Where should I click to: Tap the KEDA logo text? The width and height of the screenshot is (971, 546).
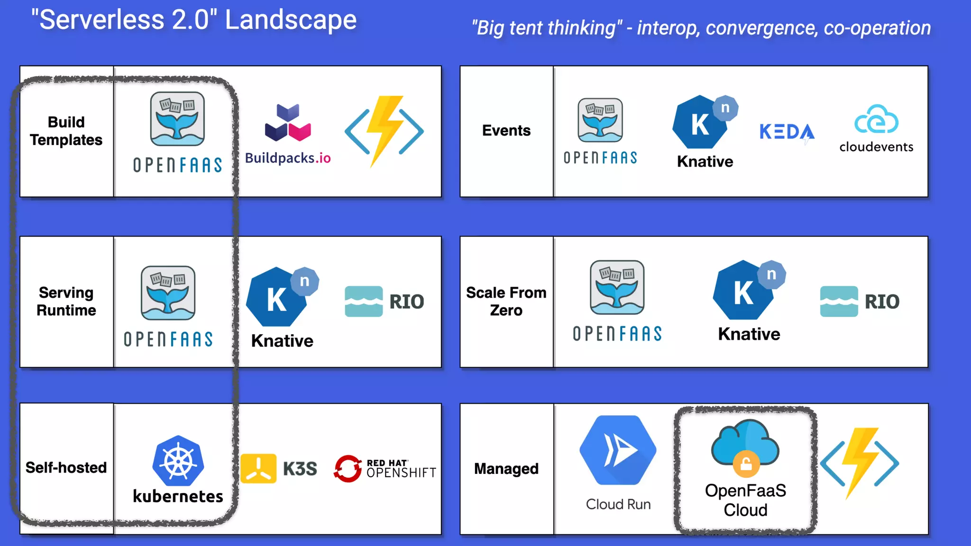787,132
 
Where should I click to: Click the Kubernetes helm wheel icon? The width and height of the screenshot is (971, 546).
178,461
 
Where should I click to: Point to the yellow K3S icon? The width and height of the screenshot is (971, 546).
258,468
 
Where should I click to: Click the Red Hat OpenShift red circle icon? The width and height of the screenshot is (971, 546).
348,468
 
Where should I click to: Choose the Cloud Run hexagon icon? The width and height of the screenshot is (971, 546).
618,450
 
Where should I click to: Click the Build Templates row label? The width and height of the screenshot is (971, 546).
66,131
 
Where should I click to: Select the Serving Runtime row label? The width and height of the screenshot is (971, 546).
66,301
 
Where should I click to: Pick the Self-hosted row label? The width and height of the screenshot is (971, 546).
66,467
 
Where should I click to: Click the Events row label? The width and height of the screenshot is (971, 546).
506,130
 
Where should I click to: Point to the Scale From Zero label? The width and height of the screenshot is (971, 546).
506,301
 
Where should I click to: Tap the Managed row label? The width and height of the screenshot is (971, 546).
506,468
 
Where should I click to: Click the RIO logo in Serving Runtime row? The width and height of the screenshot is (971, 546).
384,301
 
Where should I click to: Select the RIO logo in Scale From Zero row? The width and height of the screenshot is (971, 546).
860,301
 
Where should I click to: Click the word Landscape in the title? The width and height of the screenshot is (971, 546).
291,20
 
